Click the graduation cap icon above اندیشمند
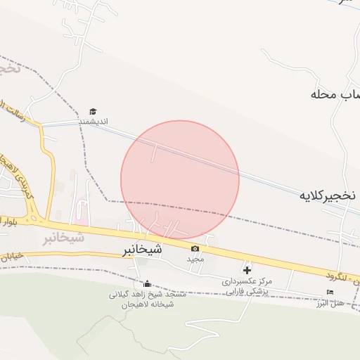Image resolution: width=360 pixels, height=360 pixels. pos(93,111)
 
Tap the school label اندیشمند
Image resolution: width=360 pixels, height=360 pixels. pos(93,122)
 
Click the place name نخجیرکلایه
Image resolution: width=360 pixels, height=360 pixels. pos(324,195)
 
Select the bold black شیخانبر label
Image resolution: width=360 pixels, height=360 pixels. pos(142,250)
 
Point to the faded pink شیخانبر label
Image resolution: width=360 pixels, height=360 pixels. pos(63,238)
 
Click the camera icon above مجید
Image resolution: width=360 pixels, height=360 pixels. pos(195,248)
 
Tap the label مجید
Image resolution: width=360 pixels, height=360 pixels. pos(195,259)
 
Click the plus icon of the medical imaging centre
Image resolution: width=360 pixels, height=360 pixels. pos(247,269)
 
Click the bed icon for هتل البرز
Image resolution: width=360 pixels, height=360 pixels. pos(330,292)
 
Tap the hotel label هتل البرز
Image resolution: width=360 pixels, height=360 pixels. pos(330,303)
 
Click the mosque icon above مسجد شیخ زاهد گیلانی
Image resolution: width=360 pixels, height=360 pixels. pos(147,284)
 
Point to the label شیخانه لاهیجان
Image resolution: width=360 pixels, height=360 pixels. pos(148,304)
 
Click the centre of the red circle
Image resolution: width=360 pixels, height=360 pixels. pos(180,179)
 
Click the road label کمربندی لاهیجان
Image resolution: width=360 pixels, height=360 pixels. pos(19,184)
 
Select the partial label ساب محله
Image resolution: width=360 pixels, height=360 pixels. pos(336,94)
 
